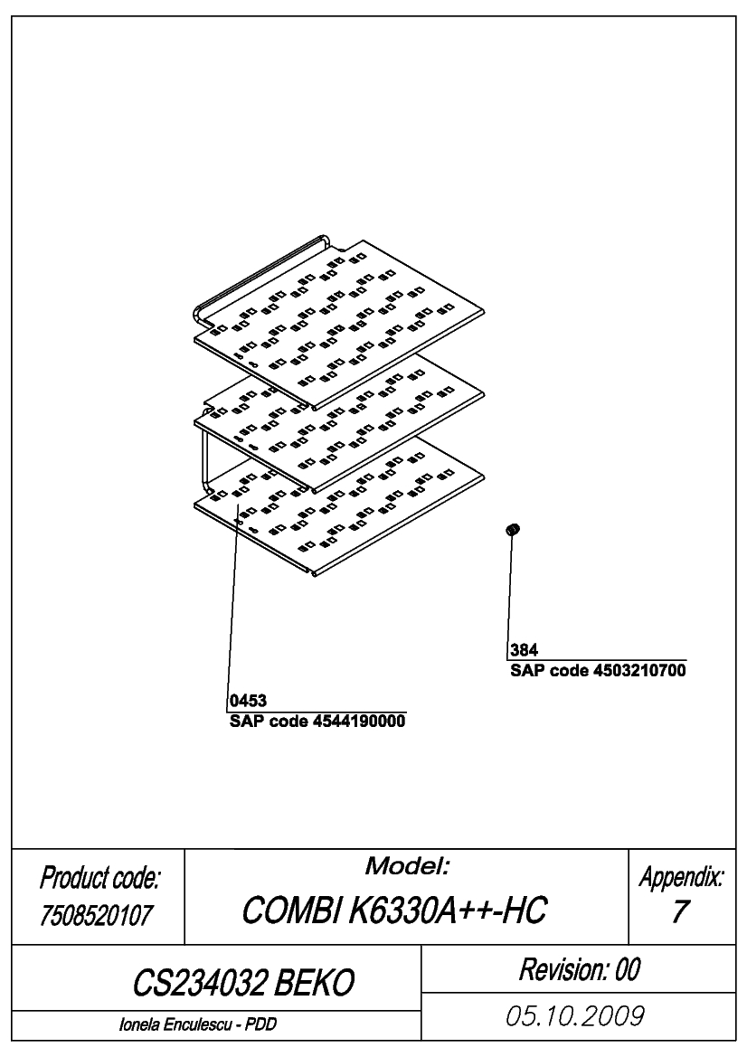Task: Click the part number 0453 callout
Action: click(x=248, y=701)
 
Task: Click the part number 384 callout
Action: click(x=524, y=650)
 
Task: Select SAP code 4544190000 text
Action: click(x=317, y=722)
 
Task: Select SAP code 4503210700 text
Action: click(x=598, y=670)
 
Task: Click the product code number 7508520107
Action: click(x=97, y=915)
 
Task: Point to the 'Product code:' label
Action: click(x=99, y=878)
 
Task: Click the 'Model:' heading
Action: click(x=407, y=866)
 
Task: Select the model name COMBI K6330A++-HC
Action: click(x=394, y=910)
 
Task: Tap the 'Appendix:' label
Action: click(x=682, y=877)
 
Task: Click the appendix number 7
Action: click(x=679, y=911)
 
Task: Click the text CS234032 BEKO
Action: click(x=242, y=983)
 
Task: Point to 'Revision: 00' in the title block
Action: click(x=579, y=969)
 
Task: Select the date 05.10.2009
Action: click(x=575, y=1016)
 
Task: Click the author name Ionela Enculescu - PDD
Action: click(x=197, y=1024)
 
